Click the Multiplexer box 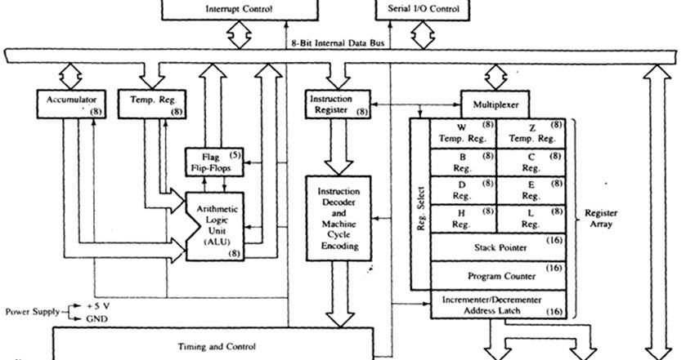click(495, 104)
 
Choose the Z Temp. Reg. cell click(531, 133)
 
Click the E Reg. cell click(531, 190)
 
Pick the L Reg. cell click(531, 218)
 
